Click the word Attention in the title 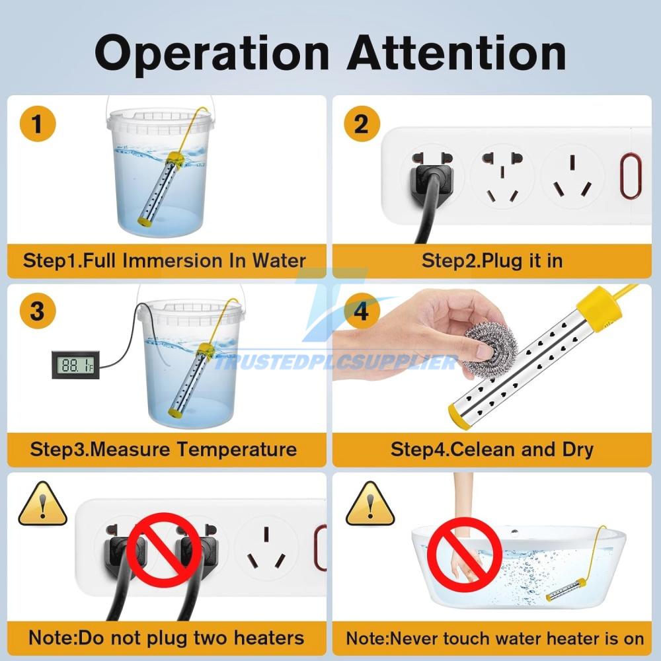[x=457, y=53]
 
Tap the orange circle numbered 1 [x=38, y=124]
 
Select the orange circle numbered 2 [x=362, y=124]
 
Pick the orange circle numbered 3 [x=38, y=311]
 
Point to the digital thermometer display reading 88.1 [x=75, y=365]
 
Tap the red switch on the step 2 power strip [x=631, y=175]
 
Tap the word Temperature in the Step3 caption [x=237, y=449]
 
